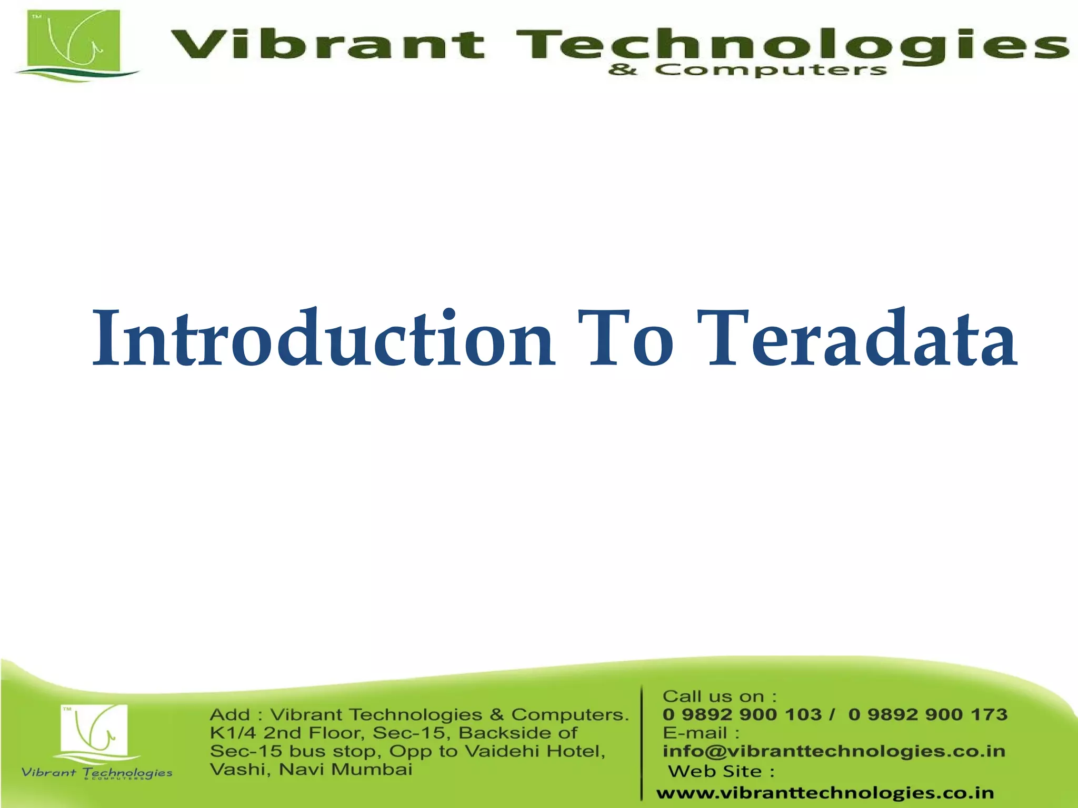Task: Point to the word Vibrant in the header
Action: click(x=326, y=45)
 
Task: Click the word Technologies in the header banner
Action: click(x=790, y=45)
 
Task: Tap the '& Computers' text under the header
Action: click(x=747, y=70)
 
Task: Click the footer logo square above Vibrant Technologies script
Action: click(x=94, y=728)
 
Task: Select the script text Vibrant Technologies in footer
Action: click(x=97, y=772)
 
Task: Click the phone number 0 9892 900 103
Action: click(x=742, y=714)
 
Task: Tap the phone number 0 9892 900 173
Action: click(x=927, y=714)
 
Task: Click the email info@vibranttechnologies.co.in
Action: click(x=833, y=751)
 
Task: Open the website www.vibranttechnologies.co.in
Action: click(x=825, y=793)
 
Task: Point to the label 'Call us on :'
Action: click(x=719, y=696)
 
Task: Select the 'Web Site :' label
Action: click(x=721, y=771)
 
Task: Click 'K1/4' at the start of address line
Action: click(x=232, y=733)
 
